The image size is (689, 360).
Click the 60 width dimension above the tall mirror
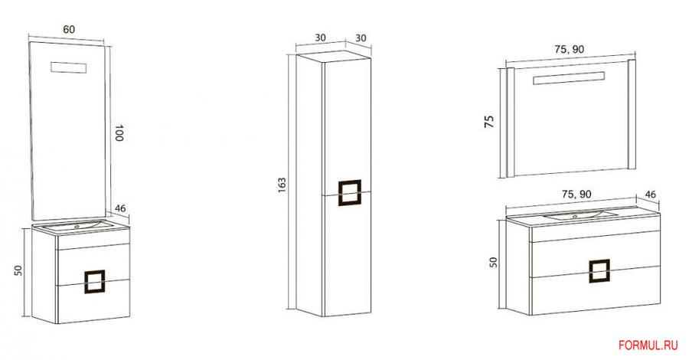[x=69, y=29]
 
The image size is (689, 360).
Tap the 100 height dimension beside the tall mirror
[x=119, y=133]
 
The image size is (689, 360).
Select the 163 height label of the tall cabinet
[x=282, y=185]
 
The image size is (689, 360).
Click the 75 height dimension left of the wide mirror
[x=489, y=121]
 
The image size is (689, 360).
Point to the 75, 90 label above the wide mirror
[x=569, y=49]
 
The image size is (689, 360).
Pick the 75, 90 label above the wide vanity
[x=576, y=194]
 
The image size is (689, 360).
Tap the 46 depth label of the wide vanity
[x=650, y=194]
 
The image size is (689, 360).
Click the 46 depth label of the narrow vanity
[x=120, y=208]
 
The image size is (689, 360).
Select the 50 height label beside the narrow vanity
[x=18, y=270]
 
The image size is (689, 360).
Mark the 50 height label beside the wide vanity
[x=494, y=263]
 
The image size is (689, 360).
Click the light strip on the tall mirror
[x=69, y=67]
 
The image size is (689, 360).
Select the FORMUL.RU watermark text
[x=648, y=345]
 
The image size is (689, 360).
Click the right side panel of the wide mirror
[x=632, y=114]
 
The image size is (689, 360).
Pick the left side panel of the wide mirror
[x=511, y=123]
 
